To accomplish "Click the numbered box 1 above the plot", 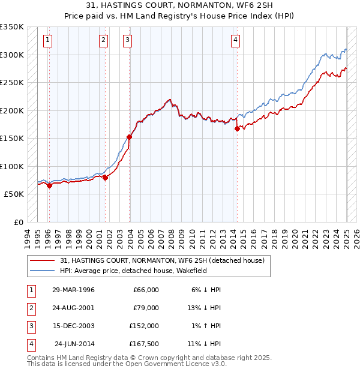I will [47, 40].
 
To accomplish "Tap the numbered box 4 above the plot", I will [236, 40].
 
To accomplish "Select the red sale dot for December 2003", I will [129, 137].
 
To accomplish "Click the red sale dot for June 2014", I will [237, 128].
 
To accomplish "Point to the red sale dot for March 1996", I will [49, 185].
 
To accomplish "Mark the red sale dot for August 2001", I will [105, 178].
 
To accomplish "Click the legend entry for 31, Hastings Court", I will [162, 260].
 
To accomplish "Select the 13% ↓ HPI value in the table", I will [205, 308].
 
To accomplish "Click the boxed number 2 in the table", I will [31, 308].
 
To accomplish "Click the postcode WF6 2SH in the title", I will [252, 6].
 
